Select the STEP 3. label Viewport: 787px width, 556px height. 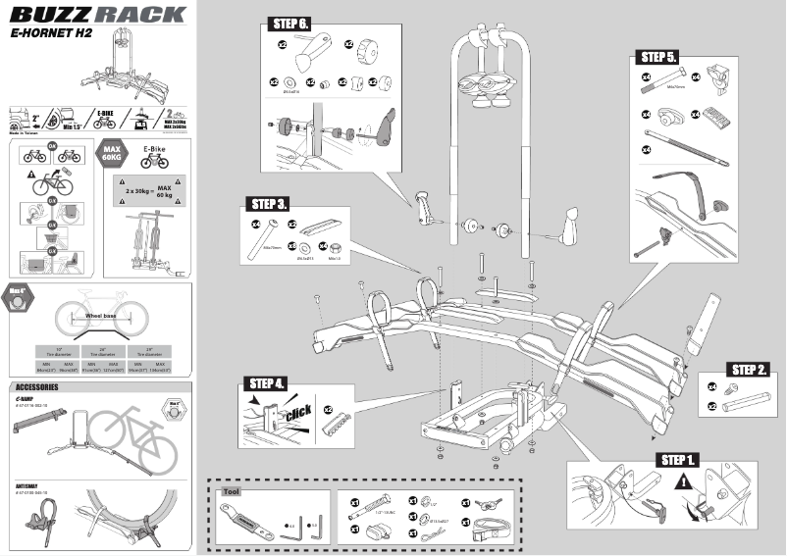tap(269, 204)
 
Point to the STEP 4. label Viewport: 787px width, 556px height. tap(267, 382)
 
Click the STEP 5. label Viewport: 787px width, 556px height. tap(658, 56)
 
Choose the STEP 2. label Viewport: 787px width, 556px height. tap(749, 370)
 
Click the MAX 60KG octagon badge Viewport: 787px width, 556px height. tap(112, 155)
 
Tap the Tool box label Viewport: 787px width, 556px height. tap(233, 492)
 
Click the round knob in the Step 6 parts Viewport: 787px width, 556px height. tap(369, 46)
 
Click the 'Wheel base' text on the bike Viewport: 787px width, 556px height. tap(95, 317)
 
